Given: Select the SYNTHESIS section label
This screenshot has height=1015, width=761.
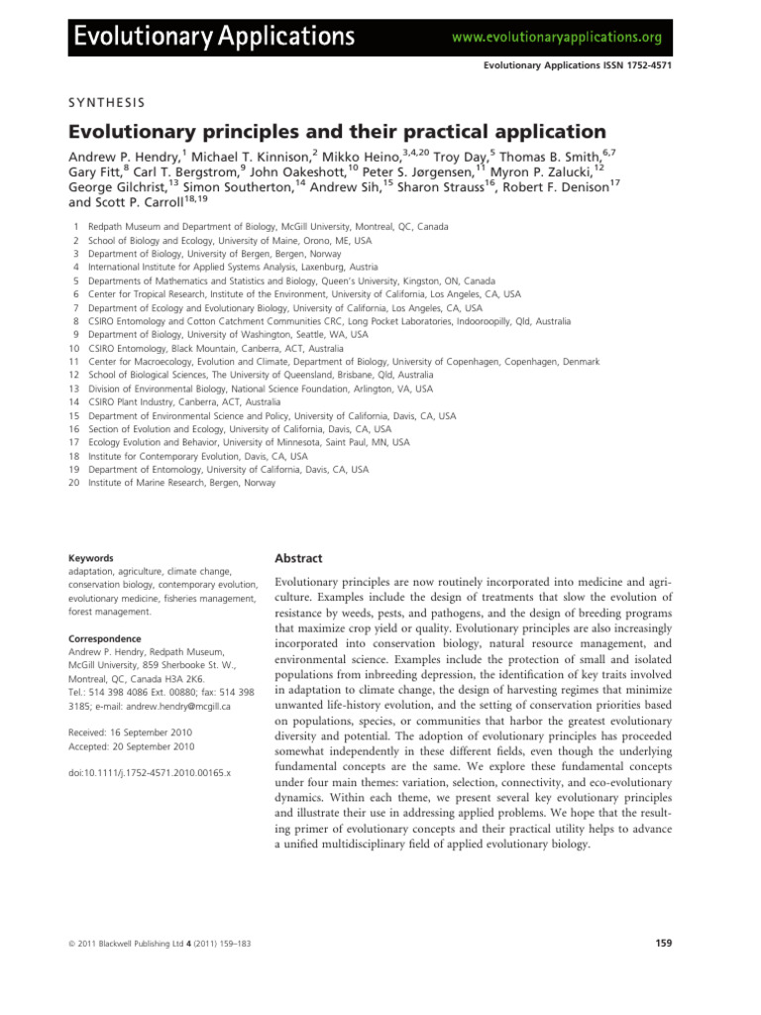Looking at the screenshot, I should point(106,101).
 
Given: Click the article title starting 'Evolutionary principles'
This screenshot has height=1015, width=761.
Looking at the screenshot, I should point(336,131).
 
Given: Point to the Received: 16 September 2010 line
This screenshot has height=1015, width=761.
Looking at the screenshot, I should point(127,733).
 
